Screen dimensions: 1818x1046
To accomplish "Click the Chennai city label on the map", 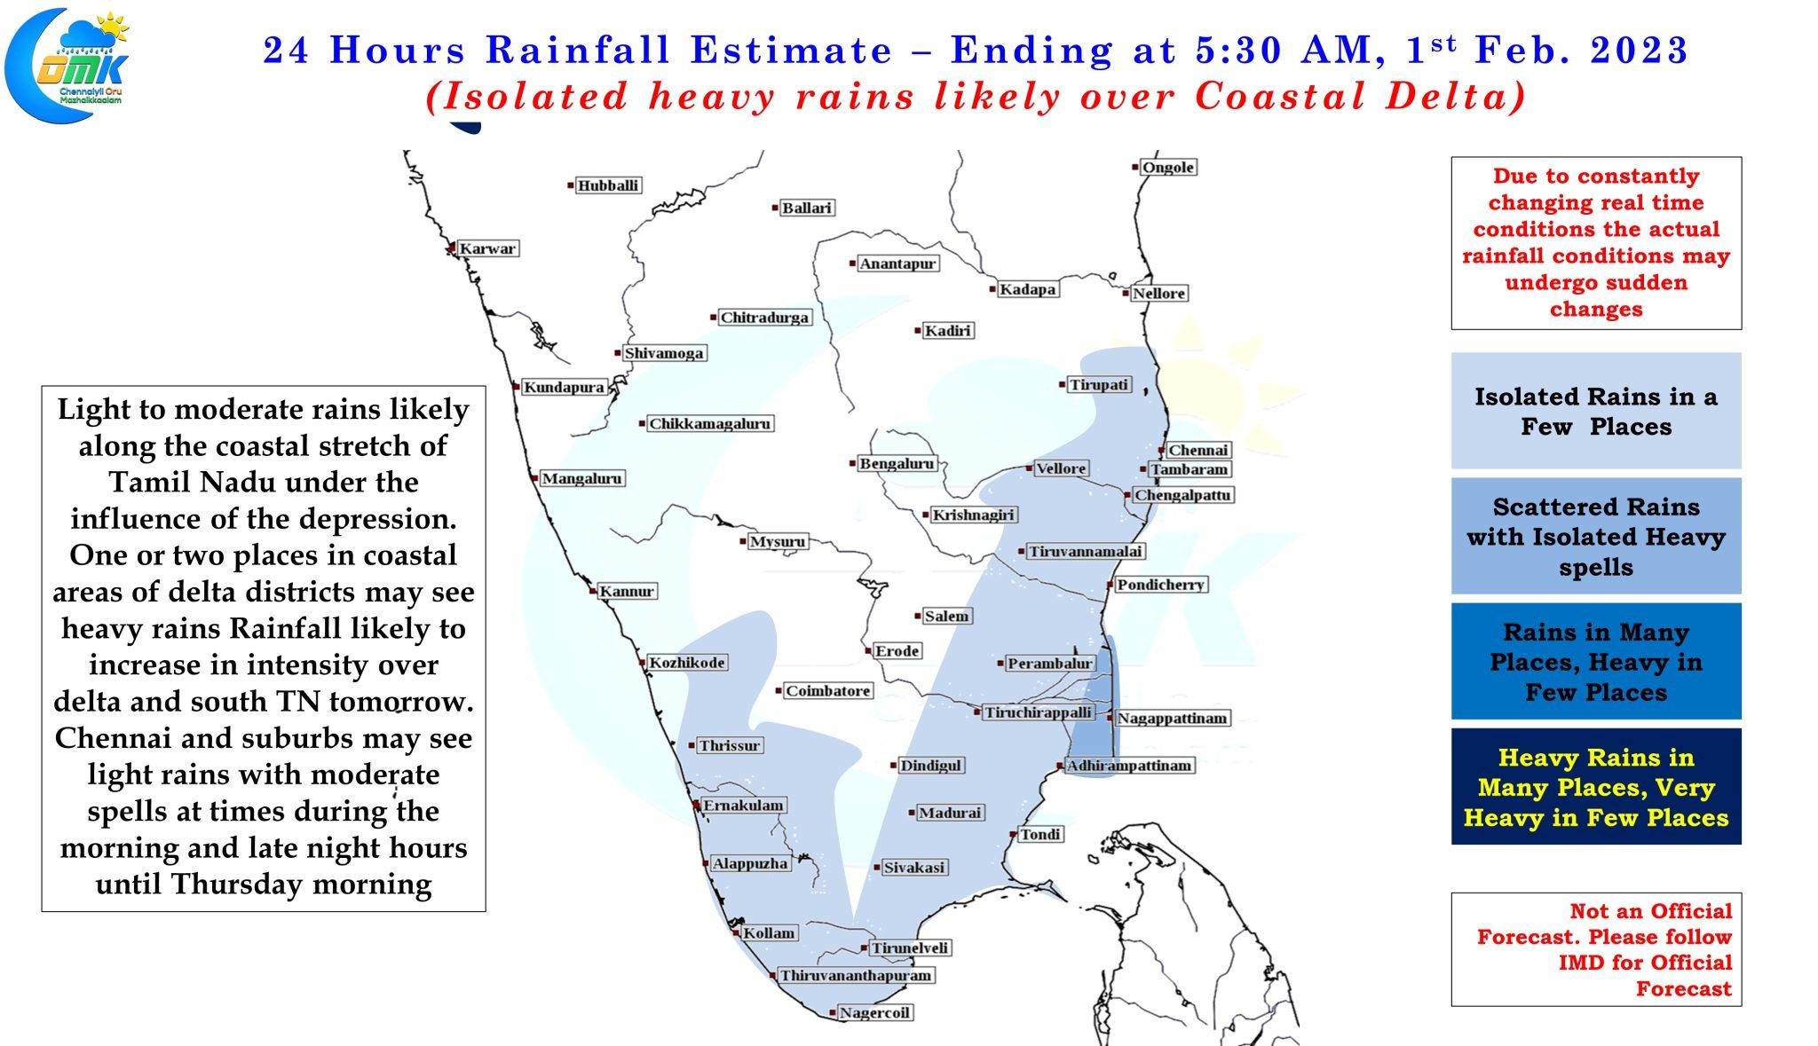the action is point(1198,450).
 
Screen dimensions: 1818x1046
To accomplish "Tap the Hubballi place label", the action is point(608,185).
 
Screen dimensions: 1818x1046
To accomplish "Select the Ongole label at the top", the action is point(1167,167).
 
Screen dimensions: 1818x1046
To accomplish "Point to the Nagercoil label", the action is point(874,1012).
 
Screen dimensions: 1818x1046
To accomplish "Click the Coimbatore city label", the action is point(828,690).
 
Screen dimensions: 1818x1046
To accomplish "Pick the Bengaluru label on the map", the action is point(897,463).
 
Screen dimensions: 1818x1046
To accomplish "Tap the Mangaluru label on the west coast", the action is point(582,478).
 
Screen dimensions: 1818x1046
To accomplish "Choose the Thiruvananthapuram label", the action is point(856,975).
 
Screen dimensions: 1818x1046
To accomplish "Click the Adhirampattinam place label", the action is point(1129,765).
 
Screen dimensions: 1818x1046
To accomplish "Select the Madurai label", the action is point(950,812).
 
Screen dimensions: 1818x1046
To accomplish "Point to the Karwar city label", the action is point(487,248).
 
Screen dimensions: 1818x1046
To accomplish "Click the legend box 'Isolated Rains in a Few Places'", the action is point(1596,411).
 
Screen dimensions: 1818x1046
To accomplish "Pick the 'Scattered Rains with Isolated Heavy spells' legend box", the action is point(1596,536).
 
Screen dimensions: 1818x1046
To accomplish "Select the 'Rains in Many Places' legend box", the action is point(1596,661).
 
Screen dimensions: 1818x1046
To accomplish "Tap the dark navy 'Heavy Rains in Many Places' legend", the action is point(1596,786).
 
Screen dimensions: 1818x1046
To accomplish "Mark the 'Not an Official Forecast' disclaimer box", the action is point(1596,949).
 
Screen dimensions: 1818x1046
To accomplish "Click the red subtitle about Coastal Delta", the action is point(976,96).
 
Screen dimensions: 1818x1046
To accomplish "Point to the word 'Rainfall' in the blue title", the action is point(579,50).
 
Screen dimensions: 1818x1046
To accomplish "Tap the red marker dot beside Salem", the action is point(918,616).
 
